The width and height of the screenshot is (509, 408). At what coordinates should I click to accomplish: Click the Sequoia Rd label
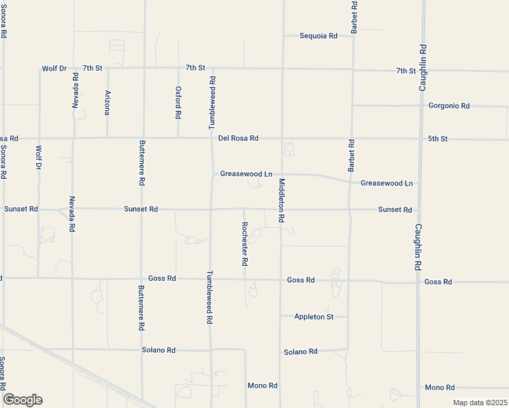pyautogui.click(x=318, y=35)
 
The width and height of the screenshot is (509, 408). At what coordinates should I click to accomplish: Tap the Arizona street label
pyautogui.click(x=107, y=102)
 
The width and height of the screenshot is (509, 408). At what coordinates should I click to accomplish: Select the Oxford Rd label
pyautogui.click(x=178, y=102)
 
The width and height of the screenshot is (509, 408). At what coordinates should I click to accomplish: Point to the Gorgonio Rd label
pyautogui.click(x=449, y=106)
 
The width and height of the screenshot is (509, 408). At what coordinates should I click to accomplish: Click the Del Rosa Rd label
pyautogui.click(x=238, y=138)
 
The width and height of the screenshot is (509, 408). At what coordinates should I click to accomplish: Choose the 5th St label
pyautogui.click(x=438, y=139)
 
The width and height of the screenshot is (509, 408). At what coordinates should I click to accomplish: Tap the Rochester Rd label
pyautogui.click(x=244, y=243)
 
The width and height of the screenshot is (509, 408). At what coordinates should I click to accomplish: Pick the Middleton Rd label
pyautogui.click(x=280, y=201)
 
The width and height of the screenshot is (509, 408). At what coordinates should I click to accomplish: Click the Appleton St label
pyautogui.click(x=314, y=317)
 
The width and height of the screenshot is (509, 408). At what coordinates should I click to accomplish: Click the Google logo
pyautogui.click(x=22, y=400)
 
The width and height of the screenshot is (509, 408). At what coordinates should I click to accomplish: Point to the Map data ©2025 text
pyautogui.click(x=480, y=403)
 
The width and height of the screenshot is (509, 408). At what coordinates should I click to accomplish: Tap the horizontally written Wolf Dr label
pyautogui.click(x=54, y=68)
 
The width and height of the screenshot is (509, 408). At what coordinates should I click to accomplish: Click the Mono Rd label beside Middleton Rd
pyautogui.click(x=262, y=386)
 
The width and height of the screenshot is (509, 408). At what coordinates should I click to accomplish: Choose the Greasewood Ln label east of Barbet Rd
pyautogui.click(x=387, y=184)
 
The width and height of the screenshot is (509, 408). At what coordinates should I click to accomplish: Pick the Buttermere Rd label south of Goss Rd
pyautogui.click(x=142, y=307)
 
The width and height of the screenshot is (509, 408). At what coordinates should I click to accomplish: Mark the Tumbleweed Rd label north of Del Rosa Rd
pyautogui.click(x=212, y=102)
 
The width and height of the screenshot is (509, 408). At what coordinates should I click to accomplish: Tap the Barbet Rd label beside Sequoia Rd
pyautogui.click(x=354, y=18)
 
